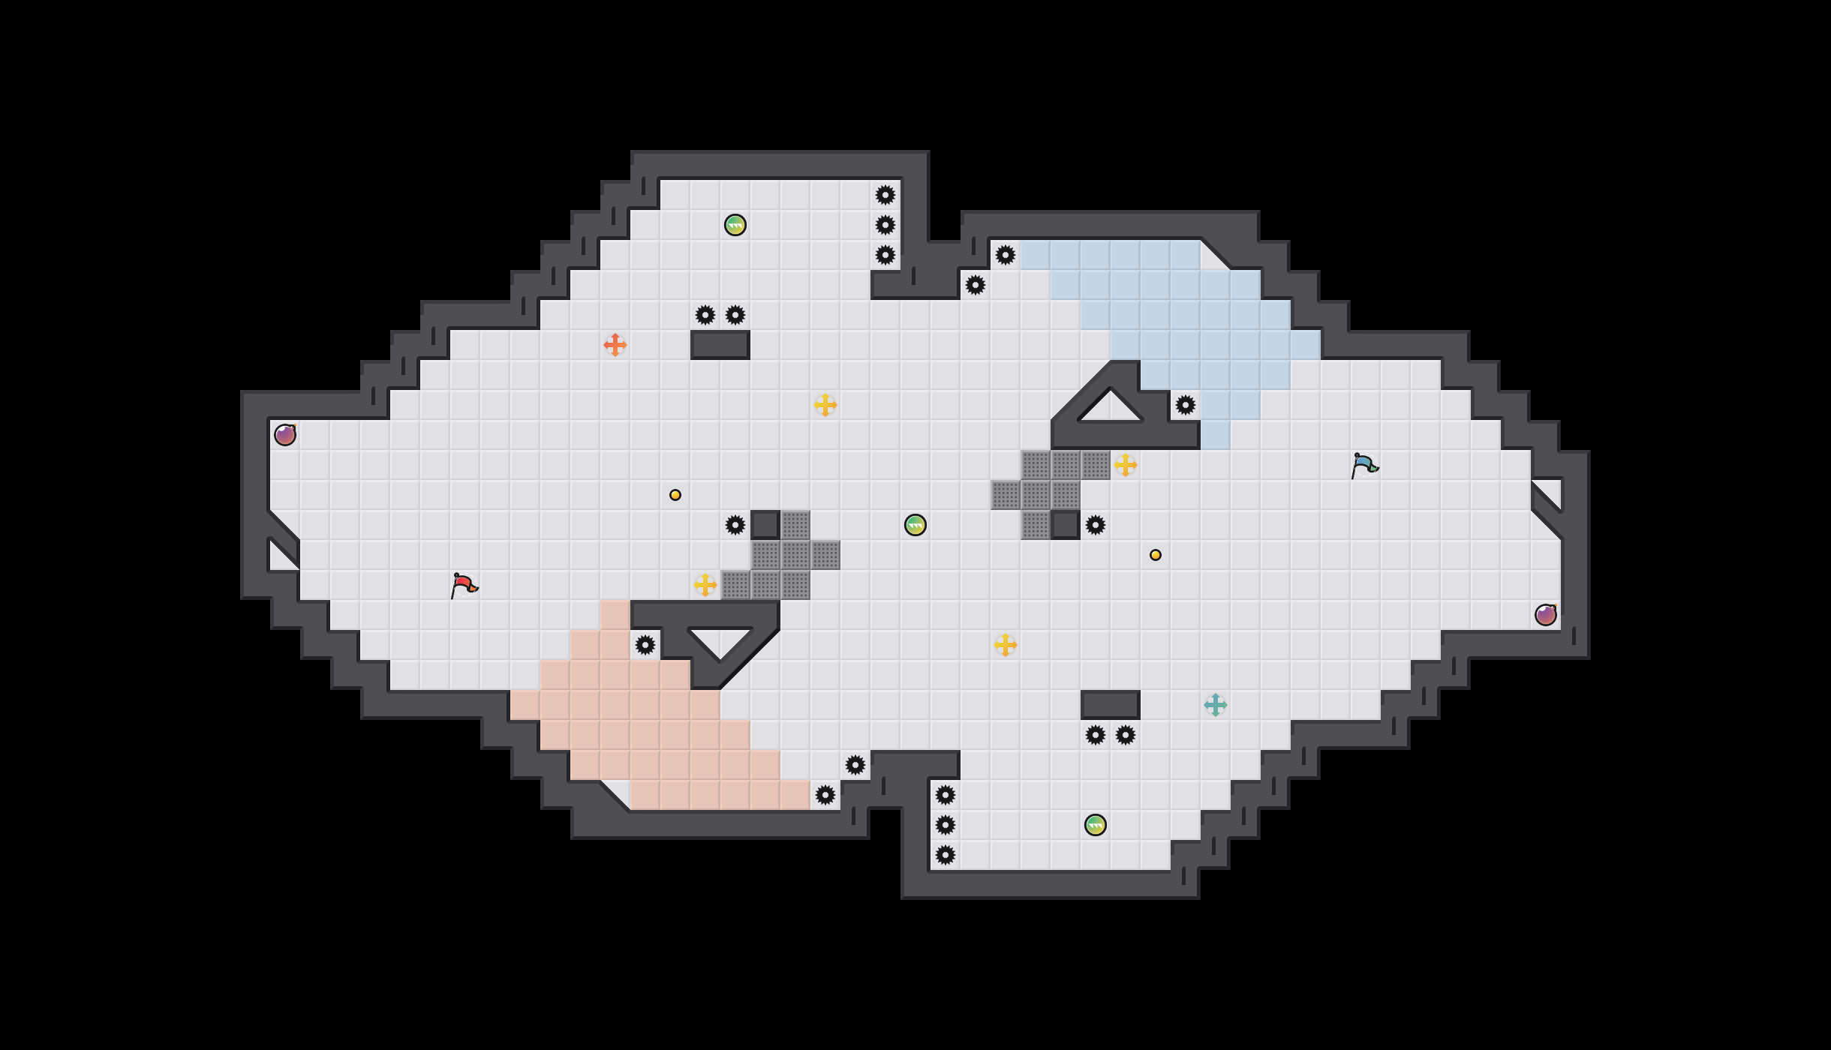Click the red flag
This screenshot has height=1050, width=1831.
(x=464, y=585)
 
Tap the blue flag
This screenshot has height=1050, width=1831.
(x=1364, y=465)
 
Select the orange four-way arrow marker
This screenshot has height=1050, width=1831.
(x=615, y=345)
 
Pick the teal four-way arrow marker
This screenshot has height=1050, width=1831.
(x=1216, y=705)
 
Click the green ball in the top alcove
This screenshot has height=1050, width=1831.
(x=735, y=225)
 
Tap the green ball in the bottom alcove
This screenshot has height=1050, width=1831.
(x=1096, y=825)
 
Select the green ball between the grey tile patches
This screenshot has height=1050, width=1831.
(x=915, y=525)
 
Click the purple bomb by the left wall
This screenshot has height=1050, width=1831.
(x=285, y=435)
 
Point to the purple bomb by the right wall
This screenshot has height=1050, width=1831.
(x=1546, y=615)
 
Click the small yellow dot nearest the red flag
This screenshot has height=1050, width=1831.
(x=675, y=495)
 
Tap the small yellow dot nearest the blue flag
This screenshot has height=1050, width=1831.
(x=1156, y=555)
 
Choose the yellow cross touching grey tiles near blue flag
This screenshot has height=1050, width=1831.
(x=1126, y=465)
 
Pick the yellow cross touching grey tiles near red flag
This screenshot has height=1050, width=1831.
(x=705, y=585)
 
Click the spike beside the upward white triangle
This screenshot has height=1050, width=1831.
(x=1186, y=405)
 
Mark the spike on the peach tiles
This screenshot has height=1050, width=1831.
(x=645, y=645)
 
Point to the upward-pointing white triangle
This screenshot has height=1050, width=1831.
(x=1111, y=409)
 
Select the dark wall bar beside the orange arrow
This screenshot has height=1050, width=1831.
(x=720, y=345)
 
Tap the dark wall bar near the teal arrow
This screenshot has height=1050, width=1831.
(x=1111, y=705)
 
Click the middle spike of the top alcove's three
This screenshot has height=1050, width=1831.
(x=885, y=225)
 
